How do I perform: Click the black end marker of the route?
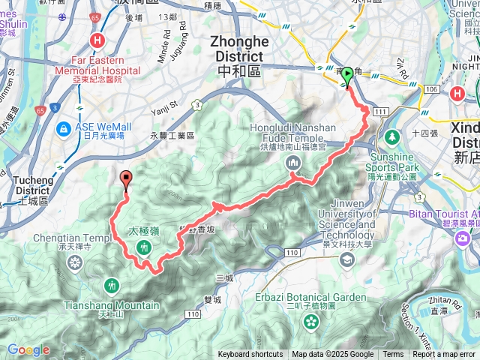[125, 178]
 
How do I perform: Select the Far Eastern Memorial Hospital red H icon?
[97, 41]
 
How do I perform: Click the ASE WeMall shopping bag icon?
[65, 129]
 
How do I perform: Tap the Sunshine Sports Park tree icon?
[391, 138]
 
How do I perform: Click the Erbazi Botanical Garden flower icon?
[310, 322]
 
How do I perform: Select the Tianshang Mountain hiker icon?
[112, 285]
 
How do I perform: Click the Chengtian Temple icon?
[75, 262]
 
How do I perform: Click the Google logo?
[28, 350]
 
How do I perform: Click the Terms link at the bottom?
[393, 355]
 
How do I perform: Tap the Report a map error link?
[444, 355]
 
